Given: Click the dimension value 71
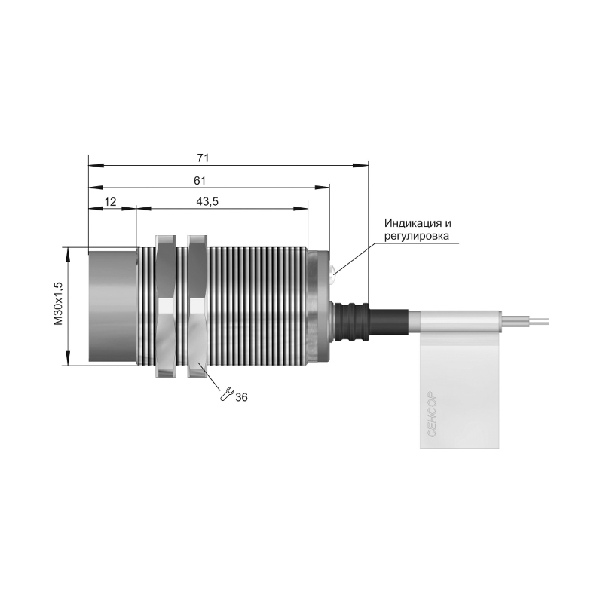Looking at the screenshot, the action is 203,158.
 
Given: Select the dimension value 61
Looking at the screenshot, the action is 200,180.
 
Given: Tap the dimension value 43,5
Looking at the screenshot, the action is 207,201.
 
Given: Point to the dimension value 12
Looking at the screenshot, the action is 110,201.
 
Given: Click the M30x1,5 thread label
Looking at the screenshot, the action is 58,304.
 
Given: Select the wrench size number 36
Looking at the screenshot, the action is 241,397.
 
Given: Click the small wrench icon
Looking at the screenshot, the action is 227,394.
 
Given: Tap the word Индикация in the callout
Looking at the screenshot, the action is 411,223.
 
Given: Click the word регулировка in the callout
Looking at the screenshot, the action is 417,236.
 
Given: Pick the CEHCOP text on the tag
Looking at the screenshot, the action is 432,414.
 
